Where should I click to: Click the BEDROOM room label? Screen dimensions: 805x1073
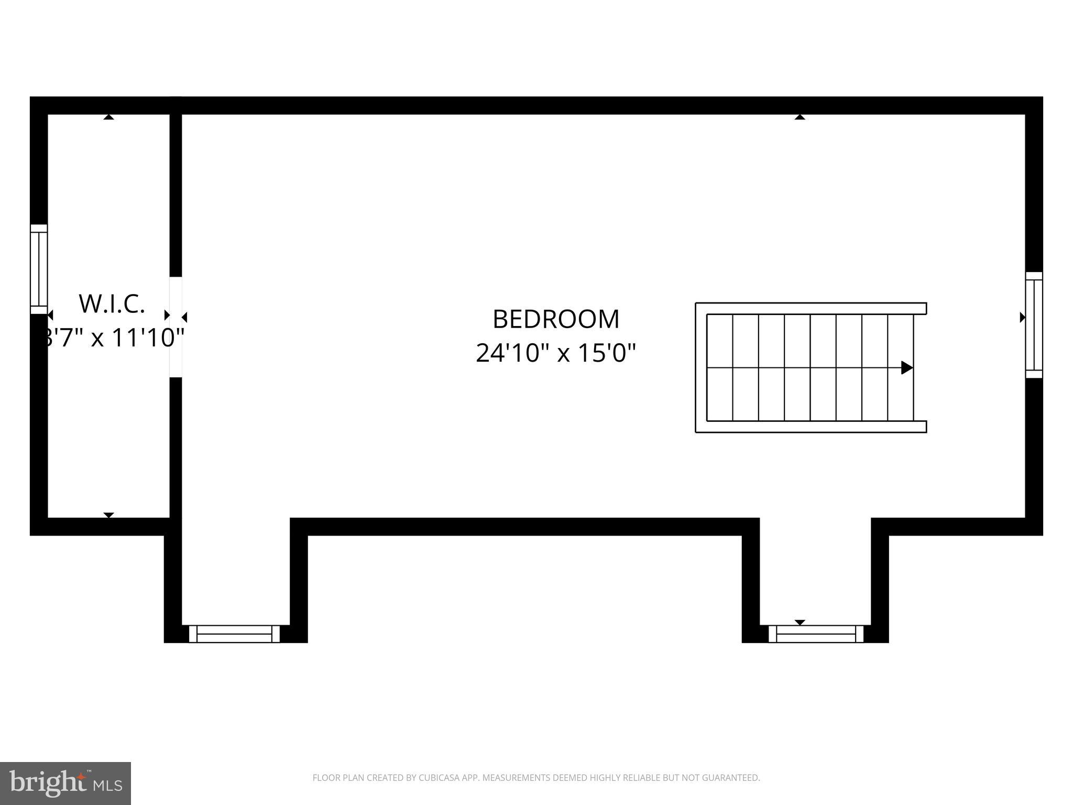tap(556, 319)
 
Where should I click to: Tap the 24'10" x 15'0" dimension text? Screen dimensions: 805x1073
tap(556, 353)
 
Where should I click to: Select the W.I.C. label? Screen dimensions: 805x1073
tap(112, 304)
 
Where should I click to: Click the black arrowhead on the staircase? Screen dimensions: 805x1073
tap(906, 367)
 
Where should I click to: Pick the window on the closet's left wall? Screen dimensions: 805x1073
tap(39, 269)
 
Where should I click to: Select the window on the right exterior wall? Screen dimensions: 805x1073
tap(1034, 324)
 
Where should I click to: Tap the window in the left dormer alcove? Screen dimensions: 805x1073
tap(234, 634)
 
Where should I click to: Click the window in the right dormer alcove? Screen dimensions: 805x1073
tap(816, 634)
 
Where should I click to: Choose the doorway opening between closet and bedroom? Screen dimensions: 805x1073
tap(176, 327)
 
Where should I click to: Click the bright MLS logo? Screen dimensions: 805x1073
tap(65, 784)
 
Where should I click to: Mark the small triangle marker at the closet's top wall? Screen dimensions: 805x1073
tap(108, 117)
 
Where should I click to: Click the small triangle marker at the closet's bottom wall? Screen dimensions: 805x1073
tap(108, 515)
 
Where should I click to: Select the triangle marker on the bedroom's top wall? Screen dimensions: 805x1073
tap(800, 117)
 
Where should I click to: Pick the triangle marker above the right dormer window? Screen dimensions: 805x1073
tap(800, 622)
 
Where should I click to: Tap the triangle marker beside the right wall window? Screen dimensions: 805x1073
tap(1022, 317)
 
